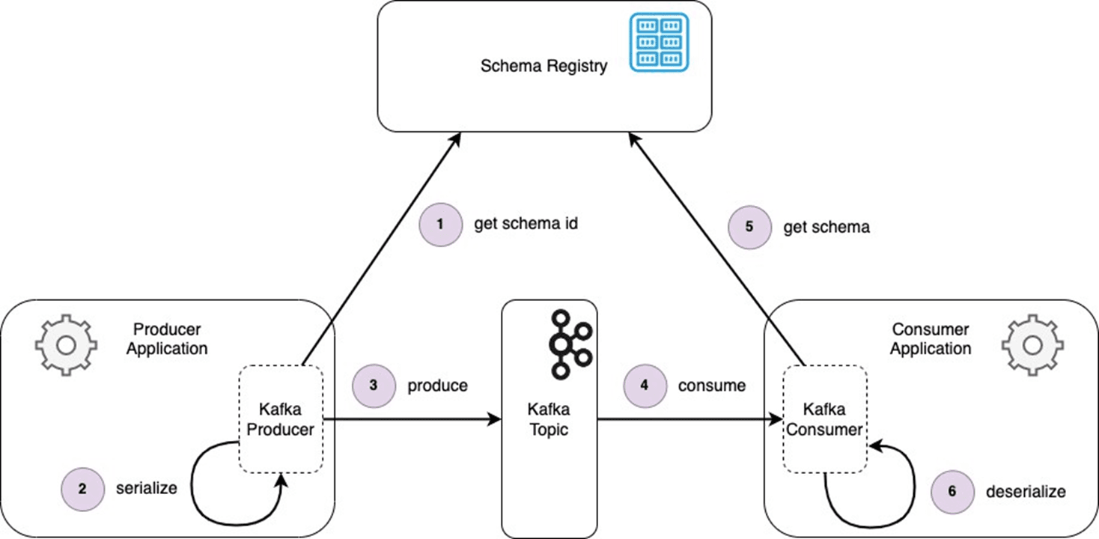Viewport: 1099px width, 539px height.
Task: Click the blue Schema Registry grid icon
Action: (x=659, y=42)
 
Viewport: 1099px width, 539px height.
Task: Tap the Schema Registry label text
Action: (x=544, y=66)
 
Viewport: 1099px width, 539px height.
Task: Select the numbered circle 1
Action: (x=441, y=225)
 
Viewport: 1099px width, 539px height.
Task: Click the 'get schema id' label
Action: (x=526, y=224)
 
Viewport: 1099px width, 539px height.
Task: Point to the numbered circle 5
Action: (x=749, y=227)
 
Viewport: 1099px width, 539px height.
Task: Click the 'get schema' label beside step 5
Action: (x=826, y=227)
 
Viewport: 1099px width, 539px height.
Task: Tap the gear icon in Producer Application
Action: (x=66, y=345)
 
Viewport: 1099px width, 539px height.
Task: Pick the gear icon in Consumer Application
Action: (x=1033, y=345)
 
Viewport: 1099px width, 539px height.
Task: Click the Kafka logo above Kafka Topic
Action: (x=570, y=345)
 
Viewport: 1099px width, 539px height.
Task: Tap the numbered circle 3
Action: (x=374, y=386)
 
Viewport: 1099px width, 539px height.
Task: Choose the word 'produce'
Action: (x=438, y=386)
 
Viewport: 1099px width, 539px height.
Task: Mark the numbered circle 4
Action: (x=645, y=386)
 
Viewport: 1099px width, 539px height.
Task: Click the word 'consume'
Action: (x=712, y=386)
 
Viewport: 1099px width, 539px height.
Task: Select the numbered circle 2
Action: (x=83, y=490)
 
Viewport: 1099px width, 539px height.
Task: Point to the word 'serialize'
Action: (x=146, y=489)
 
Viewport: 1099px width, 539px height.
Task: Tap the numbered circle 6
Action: (x=953, y=492)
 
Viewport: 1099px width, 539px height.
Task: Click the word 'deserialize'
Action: (x=1026, y=491)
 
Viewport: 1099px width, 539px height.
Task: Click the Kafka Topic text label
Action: (x=549, y=419)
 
